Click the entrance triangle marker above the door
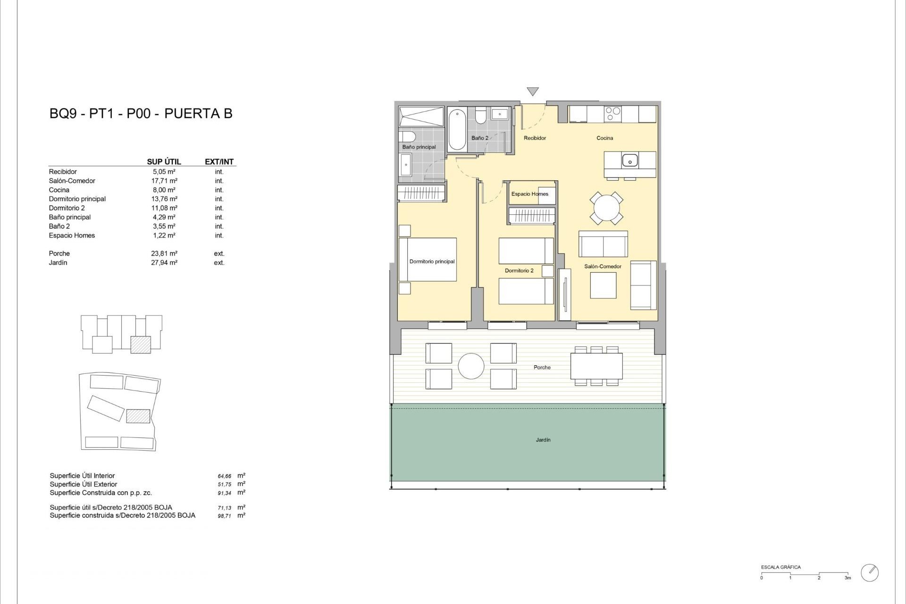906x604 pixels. (532, 91)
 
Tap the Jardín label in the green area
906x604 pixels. (543, 440)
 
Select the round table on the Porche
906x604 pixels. (471, 366)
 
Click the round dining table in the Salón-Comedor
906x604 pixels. (606, 208)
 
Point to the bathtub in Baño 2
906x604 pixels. (457, 129)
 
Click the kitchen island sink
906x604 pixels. (629, 160)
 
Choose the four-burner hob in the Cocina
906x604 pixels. (613, 113)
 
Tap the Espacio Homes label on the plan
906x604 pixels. (529, 194)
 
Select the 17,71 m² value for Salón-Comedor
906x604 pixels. (164, 181)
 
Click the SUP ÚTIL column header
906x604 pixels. (164, 161)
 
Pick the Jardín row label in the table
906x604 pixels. (58, 263)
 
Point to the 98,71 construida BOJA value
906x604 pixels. (224, 516)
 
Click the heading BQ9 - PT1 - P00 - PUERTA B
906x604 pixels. (141, 114)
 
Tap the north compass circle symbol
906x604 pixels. (870, 572)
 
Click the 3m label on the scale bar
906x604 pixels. (847, 578)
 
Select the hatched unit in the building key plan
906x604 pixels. (141, 344)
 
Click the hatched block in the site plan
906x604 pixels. (138, 416)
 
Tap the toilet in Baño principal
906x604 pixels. (407, 137)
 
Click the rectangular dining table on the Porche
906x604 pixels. (596, 366)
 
